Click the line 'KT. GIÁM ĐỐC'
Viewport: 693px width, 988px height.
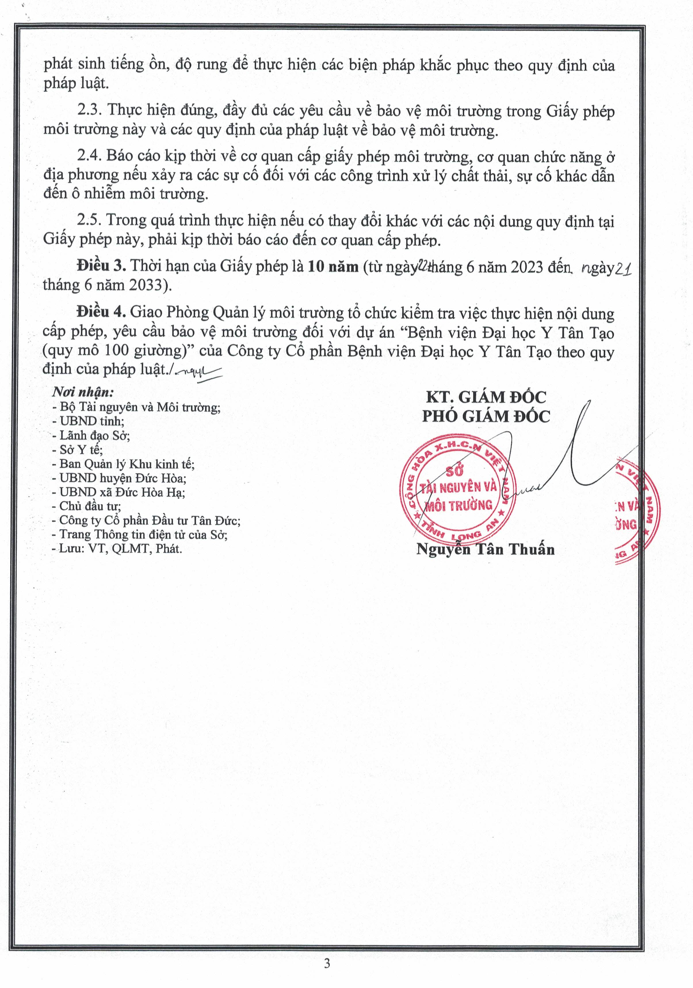click(x=486, y=397)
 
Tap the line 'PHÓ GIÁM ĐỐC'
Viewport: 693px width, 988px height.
click(x=486, y=416)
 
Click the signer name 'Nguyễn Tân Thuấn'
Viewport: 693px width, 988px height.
click(x=486, y=549)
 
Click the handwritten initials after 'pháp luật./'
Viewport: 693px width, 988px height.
click(x=198, y=371)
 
